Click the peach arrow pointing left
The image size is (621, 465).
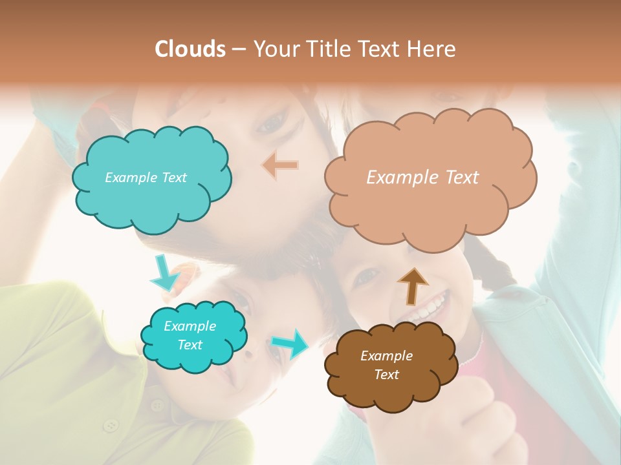tap(280, 165)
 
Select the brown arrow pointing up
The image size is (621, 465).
tap(412, 285)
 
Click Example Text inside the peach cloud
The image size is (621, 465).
tap(422, 178)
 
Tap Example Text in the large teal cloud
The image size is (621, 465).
tap(146, 178)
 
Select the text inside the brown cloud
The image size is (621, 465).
tap(386, 365)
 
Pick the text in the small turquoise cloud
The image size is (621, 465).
tap(190, 336)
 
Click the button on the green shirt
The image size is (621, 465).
tap(111, 425)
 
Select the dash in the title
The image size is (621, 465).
tap(238, 49)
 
